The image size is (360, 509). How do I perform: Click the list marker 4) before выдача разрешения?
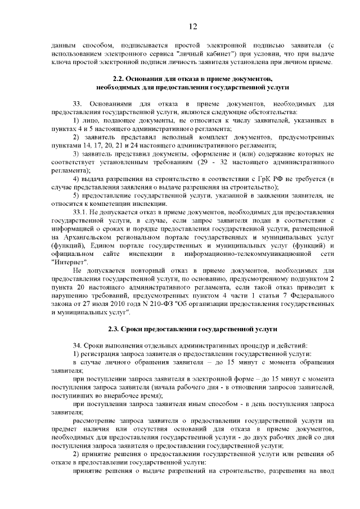(x=76, y=179)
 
